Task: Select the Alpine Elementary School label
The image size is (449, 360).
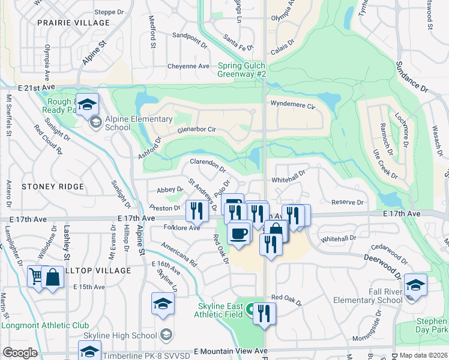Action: [x=118, y=123]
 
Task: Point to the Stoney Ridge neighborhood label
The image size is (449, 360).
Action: [x=53, y=187]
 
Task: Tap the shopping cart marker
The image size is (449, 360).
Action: [x=37, y=277]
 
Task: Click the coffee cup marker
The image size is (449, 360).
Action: [x=239, y=233]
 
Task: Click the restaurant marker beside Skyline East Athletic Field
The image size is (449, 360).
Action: [x=264, y=313]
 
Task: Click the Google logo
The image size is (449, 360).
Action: [x=20, y=353]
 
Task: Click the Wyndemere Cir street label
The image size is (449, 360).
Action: [x=293, y=105]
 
